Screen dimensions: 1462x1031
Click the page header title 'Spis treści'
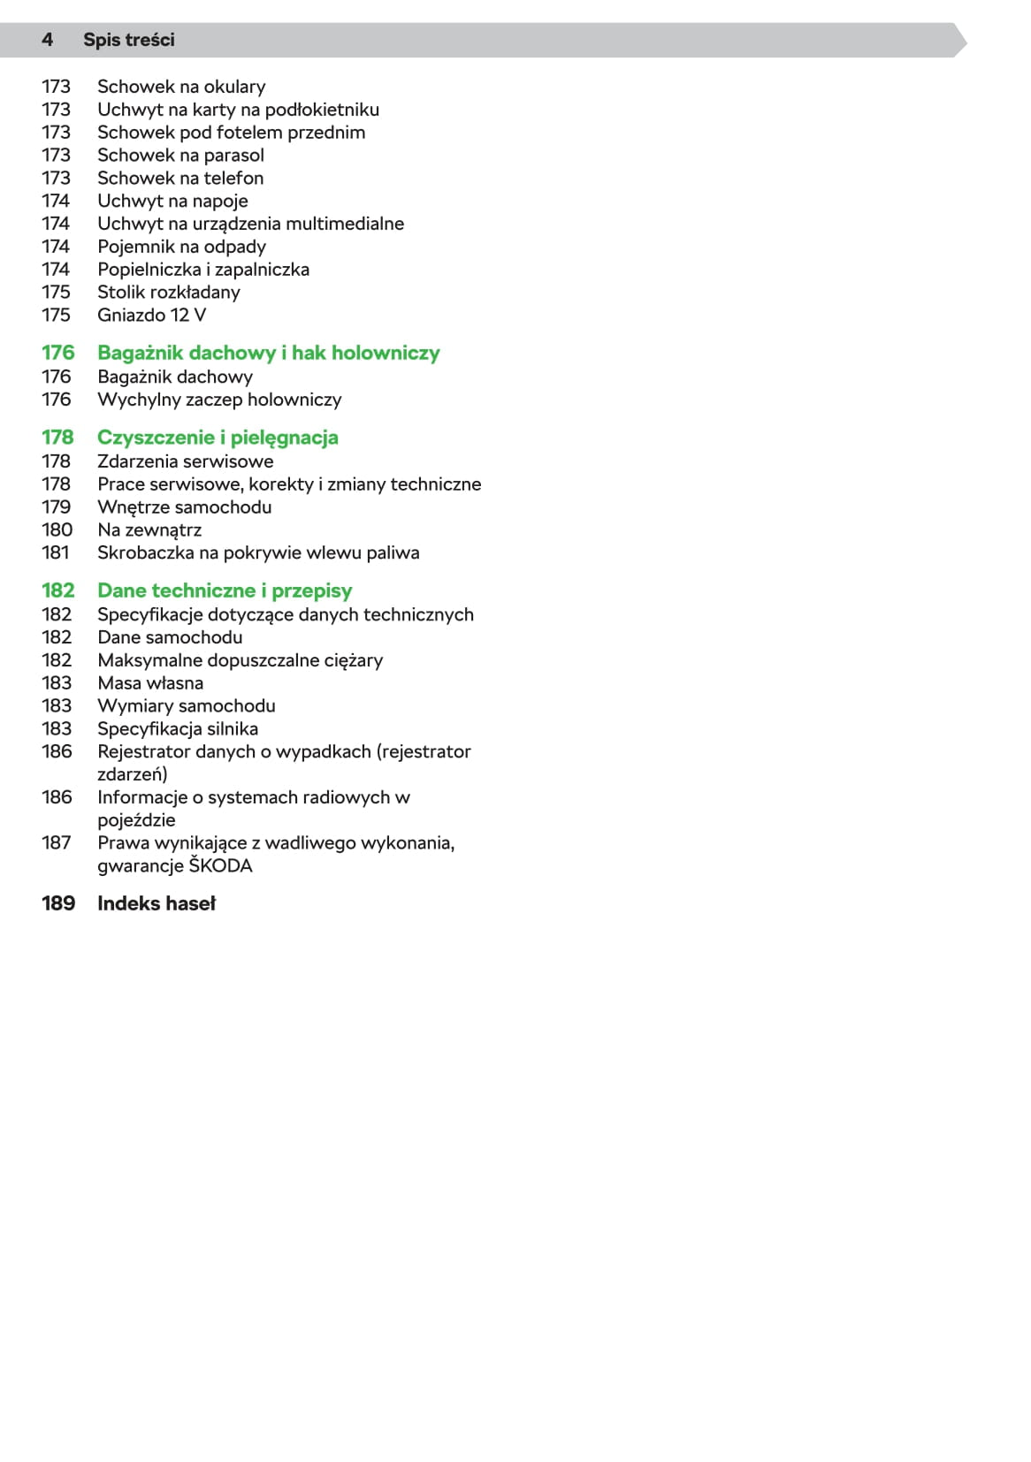[128, 40]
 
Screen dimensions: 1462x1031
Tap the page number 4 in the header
[47, 40]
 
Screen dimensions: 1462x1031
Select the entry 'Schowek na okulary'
[181, 87]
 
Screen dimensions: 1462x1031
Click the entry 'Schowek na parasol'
[180, 156]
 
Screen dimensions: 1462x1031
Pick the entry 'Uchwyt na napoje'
[172, 202]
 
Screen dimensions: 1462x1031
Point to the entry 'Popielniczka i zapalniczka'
[203, 270]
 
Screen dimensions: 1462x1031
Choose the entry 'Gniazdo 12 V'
[151, 316]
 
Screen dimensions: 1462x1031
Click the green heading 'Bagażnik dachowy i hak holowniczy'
[268, 353]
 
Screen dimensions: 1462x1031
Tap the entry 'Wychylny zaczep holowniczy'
[219, 400]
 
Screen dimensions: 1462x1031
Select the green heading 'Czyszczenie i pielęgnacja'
[218, 438]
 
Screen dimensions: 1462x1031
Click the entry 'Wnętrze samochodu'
[184, 507]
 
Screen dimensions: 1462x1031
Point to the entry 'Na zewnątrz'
[149, 530]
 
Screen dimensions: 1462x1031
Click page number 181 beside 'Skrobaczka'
[56, 553]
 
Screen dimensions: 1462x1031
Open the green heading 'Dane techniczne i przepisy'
[225, 590]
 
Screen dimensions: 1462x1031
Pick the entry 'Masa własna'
[150, 683]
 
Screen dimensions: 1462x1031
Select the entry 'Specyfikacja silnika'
[178, 729]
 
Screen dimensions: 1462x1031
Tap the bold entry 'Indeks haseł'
[157, 903]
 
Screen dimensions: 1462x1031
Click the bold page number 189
[58, 903]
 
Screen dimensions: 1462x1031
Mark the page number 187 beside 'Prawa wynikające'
[56, 843]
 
